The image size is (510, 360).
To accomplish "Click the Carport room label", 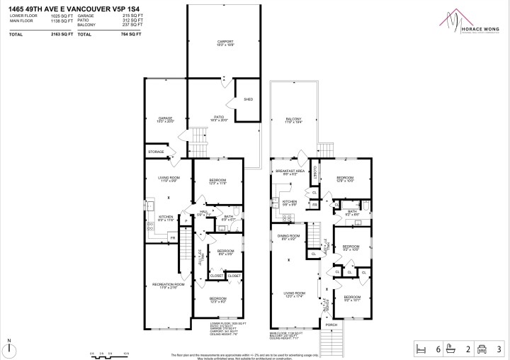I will click(225, 43).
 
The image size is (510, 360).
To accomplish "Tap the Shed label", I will click(249, 99).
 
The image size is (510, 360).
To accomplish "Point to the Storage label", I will click(156, 152).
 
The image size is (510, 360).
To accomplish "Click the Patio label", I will click(220, 118).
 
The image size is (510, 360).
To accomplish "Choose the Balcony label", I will click(293, 119).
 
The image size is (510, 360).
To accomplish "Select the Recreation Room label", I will click(168, 285).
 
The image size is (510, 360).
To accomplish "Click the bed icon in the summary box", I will click(421, 348).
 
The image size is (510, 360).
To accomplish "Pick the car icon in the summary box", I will click(483, 348).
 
